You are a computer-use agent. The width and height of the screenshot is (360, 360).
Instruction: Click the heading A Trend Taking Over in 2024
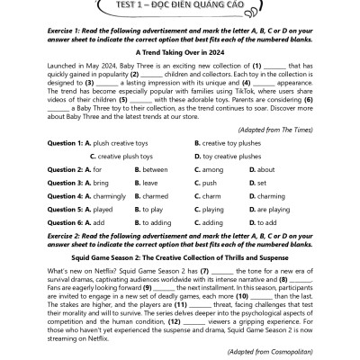[180, 53]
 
